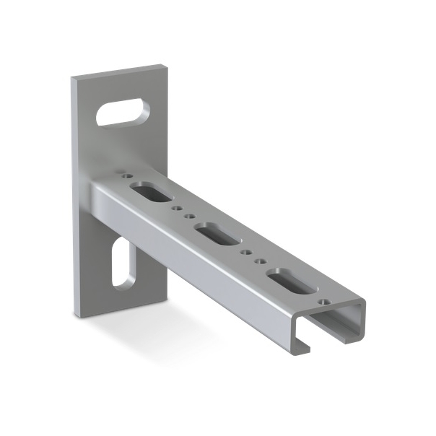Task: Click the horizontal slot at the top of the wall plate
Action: point(124,113)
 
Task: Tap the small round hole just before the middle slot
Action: point(191,217)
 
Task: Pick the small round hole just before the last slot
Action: point(258,261)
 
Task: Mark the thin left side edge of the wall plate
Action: point(75,195)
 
